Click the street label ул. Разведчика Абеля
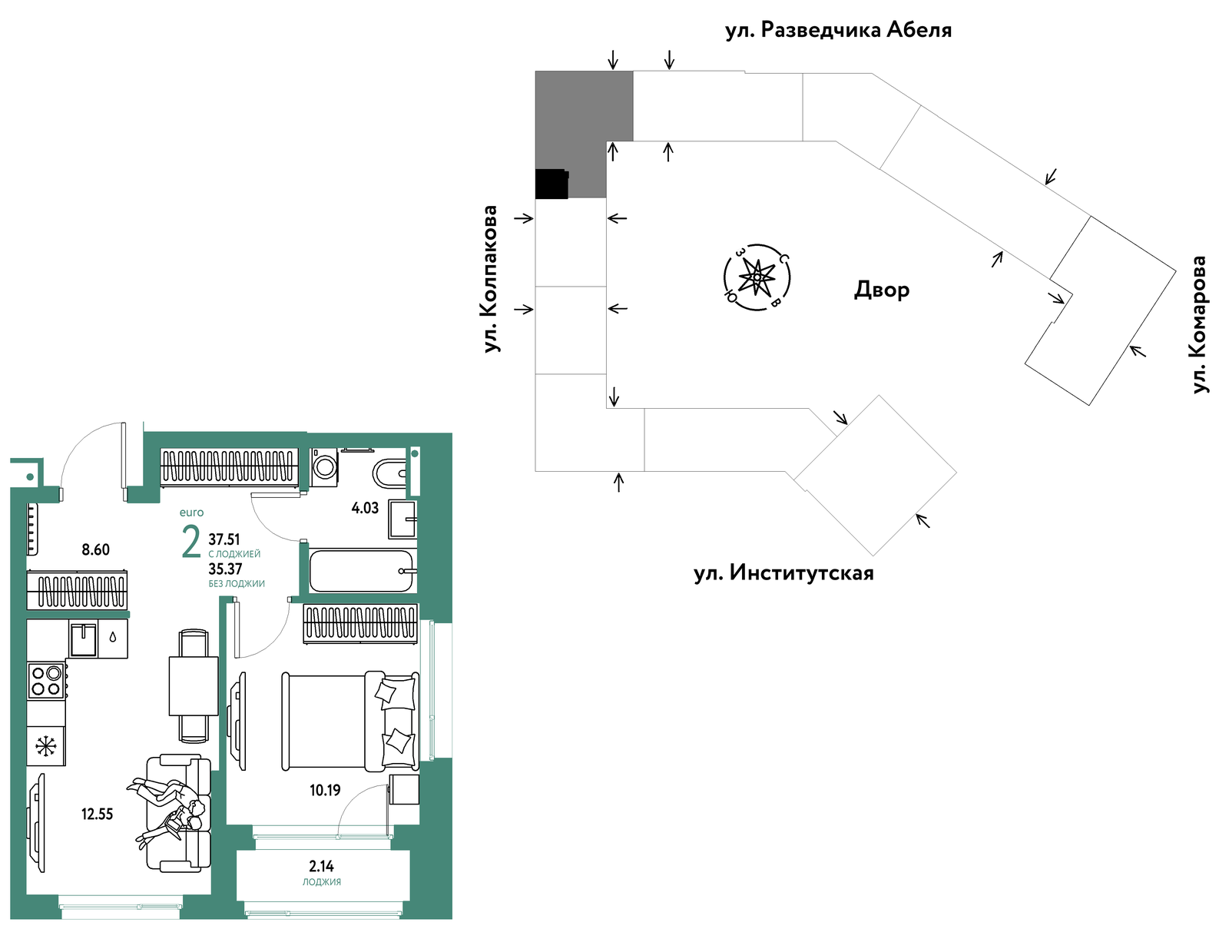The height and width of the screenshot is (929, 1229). click(838, 30)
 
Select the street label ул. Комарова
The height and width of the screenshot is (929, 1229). click(1199, 325)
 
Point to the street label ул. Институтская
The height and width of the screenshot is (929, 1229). click(783, 573)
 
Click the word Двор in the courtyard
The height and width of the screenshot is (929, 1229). click(881, 290)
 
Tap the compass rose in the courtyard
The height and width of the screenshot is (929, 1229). click(757, 277)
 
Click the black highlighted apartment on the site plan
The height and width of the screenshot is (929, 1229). click(552, 184)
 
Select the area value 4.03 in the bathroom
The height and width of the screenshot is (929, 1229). click(365, 508)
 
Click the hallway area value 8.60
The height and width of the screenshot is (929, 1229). click(96, 549)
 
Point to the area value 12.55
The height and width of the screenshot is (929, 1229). click(97, 814)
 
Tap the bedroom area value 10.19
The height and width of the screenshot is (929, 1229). click(325, 790)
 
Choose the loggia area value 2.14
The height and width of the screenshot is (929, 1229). click(321, 866)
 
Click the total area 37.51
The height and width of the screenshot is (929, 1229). click(224, 539)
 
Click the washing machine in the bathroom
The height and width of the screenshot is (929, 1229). click(323, 466)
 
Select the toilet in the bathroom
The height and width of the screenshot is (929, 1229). click(389, 474)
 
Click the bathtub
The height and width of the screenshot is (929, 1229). click(362, 571)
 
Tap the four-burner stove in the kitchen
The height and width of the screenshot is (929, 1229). click(47, 680)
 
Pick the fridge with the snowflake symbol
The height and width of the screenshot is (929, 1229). click(46, 746)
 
